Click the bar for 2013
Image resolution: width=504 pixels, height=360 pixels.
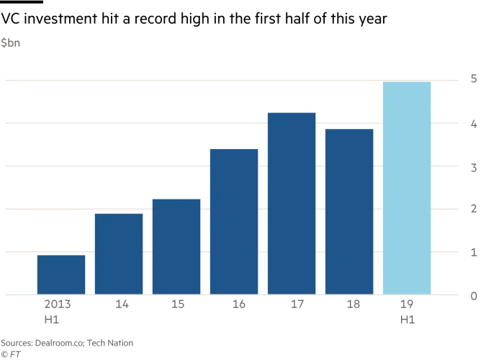tap(61, 274)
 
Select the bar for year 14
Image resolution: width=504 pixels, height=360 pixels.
tap(119, 253)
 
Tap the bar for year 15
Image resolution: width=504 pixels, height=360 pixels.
tap(176, 246)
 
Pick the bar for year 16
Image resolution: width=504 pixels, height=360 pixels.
tap(234, 222)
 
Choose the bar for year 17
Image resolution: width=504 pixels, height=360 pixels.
tap(292, 203)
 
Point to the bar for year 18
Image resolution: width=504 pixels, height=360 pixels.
tap(349, 212)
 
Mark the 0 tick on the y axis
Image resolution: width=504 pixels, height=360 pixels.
tap(472, 295)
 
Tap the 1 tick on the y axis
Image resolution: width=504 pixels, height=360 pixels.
tap(472, 252)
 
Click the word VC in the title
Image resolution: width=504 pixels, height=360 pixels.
tap(10, 21)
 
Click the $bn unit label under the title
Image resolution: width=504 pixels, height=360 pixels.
tap(10, 44)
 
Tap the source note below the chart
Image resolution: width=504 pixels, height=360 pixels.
tap(68, 343)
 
